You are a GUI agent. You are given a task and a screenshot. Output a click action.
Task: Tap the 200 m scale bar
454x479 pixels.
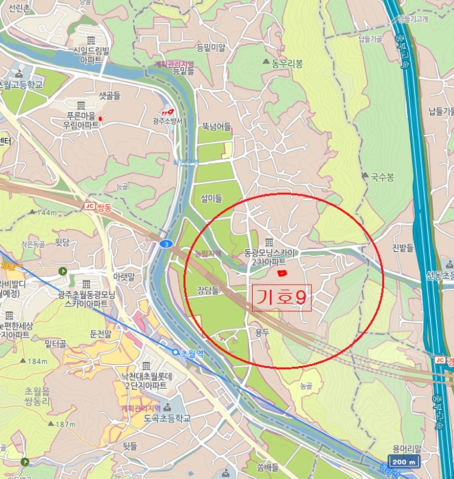(x=405, y=462)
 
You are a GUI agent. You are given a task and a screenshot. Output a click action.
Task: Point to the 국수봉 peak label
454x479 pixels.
(x=382, y=177)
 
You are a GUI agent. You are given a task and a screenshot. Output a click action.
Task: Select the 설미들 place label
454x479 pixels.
(x=211, y=198)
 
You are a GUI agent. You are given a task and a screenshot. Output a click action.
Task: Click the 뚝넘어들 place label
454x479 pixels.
(x=216, y=127)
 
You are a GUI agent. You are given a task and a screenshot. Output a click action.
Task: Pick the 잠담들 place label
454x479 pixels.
(x=207, y=290)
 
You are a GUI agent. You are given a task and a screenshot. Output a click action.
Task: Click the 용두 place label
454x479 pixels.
(x=262, y=333)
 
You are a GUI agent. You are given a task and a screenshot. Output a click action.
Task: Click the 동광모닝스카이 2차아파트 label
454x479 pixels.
(x=271, y=257)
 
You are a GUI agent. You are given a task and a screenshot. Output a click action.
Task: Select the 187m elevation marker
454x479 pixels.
(x=65, y=424)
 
